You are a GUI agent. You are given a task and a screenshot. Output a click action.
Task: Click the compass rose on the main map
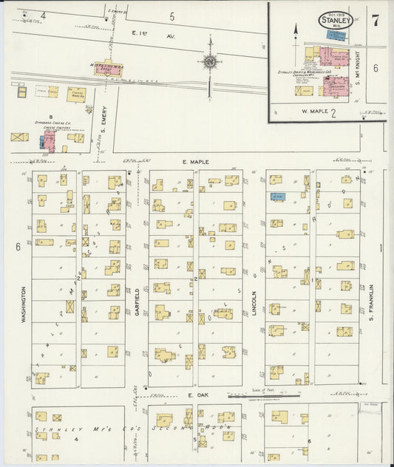pos(210,63)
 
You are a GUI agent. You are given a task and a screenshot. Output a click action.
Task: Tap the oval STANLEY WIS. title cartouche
pos(336,21)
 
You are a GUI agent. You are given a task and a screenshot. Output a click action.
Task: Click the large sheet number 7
pos(376,20)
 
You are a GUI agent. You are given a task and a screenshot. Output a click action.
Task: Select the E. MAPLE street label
pos(194,160)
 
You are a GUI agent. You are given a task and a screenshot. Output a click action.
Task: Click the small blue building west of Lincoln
pos(278,197)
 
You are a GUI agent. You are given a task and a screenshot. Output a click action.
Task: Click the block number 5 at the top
pos(171,16)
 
